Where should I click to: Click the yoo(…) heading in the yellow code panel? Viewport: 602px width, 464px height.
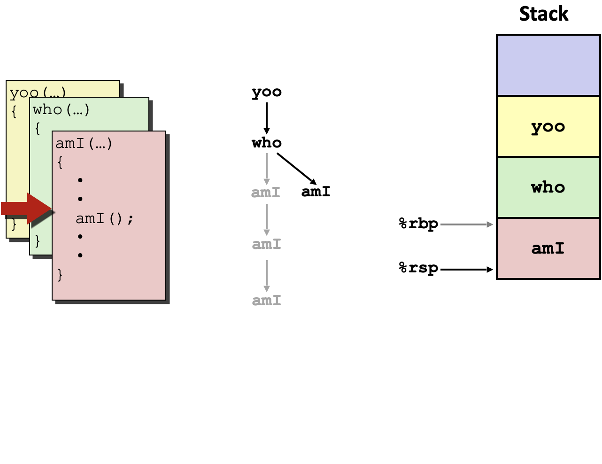point(38,93)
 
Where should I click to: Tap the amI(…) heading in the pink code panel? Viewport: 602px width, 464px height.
point(84,143)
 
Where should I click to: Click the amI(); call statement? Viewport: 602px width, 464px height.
point(105,218)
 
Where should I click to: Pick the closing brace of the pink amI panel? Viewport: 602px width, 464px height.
point(60,274)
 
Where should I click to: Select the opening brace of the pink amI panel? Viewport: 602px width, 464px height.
point(60,162)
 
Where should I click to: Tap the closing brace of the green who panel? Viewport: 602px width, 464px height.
point(38,241)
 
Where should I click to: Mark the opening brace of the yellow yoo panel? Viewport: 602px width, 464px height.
point(14,112)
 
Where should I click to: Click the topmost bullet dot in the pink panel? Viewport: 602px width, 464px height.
point(80,180)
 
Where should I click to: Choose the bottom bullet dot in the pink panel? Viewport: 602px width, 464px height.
point(80,255)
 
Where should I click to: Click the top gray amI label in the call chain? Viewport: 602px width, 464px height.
point(266,193)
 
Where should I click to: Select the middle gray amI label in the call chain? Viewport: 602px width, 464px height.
point(266,244)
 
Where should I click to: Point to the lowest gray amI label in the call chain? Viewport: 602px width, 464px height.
point(266,301)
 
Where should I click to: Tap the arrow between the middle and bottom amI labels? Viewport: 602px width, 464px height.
point(267,276)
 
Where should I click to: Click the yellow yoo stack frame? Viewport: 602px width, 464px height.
point(548,126)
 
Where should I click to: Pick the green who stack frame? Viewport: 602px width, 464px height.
point(548,187)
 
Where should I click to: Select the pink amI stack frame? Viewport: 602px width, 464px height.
point(548,248)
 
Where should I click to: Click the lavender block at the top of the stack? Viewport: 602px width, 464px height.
point(548,65)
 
